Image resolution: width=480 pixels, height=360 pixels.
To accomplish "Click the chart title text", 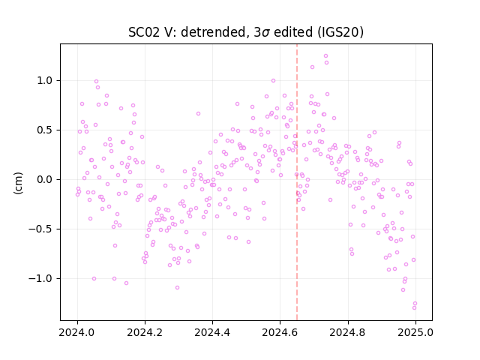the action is click(x=246, y=32).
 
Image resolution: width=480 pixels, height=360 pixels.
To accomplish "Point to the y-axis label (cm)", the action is click(x=18, y=183).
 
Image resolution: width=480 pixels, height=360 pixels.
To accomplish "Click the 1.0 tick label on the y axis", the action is click(x=45, y=80).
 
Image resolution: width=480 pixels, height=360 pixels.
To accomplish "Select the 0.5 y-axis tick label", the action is click(x=45, y=130).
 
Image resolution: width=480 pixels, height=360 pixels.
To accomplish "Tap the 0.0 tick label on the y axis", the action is click(x=45, y=180).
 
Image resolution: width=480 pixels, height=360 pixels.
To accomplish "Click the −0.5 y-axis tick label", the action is click(x=40, y=229).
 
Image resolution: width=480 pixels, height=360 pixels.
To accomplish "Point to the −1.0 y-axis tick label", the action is click(x=40, y=278).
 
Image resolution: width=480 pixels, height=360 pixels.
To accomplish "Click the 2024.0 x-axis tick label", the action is click(x=77, y=332).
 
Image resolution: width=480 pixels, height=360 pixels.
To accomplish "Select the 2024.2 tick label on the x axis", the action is click(x=145, y=332).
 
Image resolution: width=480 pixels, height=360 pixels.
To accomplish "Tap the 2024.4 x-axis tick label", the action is click(x=212, y=332).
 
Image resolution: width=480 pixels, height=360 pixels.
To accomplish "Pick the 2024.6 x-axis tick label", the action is click(x=280, y=332).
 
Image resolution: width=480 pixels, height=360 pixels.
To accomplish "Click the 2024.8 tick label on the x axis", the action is click(x=348, y=332).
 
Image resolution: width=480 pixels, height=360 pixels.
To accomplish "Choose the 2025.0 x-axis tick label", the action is click(x=415, y=332).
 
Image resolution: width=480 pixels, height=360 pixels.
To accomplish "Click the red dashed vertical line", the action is click(x=297, y=182).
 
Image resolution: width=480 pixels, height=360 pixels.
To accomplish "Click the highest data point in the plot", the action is click(x=325, y=56).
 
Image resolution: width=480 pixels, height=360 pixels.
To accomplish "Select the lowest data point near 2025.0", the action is click(x=414, y=308).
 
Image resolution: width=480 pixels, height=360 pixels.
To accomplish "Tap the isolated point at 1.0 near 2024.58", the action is click(x=273, y=81).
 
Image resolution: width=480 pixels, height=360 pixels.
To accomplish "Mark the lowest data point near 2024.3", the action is click(x=177, y=288).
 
